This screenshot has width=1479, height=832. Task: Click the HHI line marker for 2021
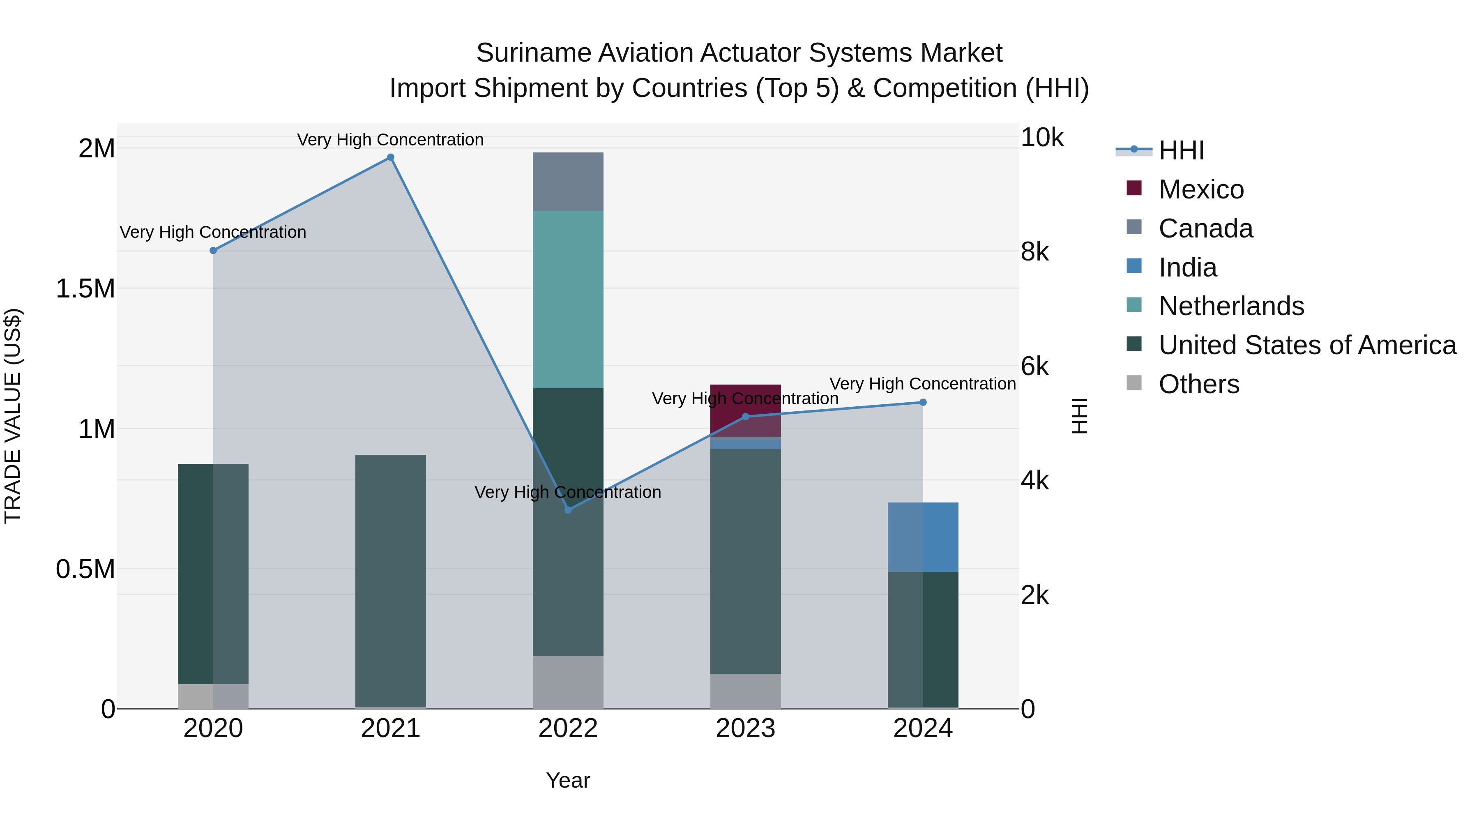click(390, 157)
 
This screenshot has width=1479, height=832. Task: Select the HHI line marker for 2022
click(568, 510)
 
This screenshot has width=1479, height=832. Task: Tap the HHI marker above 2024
click(923, 403)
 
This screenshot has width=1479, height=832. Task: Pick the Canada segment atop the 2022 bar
click(568, 182)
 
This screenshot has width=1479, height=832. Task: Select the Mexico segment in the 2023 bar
click(745, 410)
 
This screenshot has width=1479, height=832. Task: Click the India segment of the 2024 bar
click(923, 537)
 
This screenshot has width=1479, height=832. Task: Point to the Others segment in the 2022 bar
click(568, 682)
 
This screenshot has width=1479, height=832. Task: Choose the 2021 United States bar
click(390, 580)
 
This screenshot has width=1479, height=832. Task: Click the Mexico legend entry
click(1200, 189)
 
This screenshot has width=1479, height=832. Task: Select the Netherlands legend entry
click(1231, 306)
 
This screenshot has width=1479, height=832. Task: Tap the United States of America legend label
click(1307, 345)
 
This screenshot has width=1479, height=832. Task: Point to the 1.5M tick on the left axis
click(85, 288)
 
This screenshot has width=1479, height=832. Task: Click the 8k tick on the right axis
click(1034, 251)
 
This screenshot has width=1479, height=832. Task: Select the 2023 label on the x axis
click(745, 728)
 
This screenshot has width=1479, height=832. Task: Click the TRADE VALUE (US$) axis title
click(13, 416)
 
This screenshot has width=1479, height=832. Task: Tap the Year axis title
click(568, 780)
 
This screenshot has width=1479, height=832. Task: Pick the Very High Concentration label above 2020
click(212, 232)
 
